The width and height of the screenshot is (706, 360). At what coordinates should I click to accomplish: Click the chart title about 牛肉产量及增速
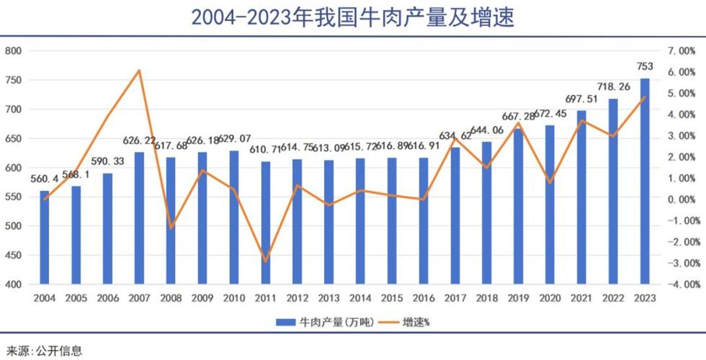[x=352, y=17]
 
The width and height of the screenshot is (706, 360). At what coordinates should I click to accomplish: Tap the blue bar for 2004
[x=45, y=237]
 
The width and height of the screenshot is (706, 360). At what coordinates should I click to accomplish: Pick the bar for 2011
[x=266, y=222]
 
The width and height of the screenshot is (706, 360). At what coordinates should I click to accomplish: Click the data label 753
[x=645, y=66]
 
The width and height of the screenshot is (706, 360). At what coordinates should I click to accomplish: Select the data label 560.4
[x=45, y=179]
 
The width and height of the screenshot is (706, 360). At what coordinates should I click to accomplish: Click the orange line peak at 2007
[x=139, y=71]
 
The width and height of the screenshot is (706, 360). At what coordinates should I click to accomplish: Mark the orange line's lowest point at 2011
[x=266, y=261]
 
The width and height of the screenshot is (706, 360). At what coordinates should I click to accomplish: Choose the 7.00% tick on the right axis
[x=681, y=51]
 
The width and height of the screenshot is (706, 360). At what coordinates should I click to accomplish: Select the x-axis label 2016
[x=424, y=297]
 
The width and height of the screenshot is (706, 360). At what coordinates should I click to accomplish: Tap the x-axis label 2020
[x=550, y=297]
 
